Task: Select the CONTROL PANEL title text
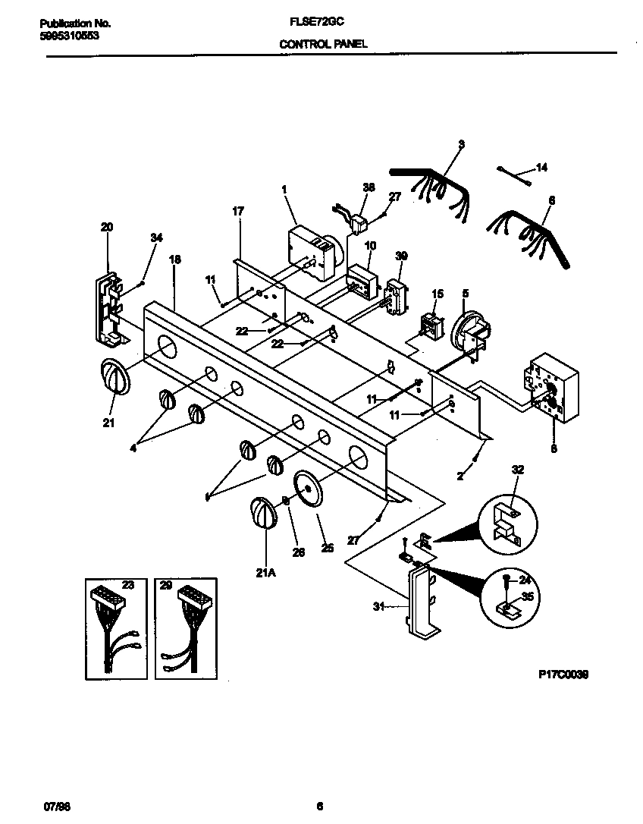323,45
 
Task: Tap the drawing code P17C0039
563,673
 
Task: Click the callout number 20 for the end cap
106,226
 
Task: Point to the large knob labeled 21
113,377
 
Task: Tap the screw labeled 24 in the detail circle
507,582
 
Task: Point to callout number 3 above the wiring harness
461,144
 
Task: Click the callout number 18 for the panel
175,259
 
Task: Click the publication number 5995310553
69,36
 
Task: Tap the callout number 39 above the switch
402,256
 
